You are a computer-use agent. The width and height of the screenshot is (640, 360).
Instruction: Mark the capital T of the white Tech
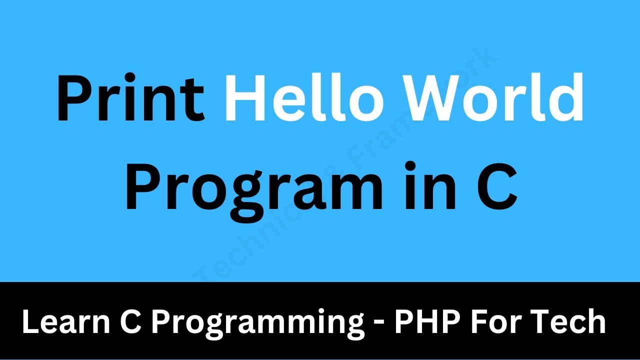(x=543, y=322)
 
